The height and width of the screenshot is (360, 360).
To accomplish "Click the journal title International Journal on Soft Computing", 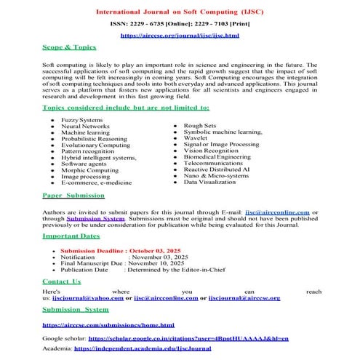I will (x=180, y=12).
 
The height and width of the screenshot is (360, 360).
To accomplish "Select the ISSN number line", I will (x=180, y=24).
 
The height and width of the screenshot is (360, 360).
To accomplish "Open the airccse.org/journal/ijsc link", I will (x=180, y=35).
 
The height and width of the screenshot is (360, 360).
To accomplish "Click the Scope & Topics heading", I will (x=69, y=47).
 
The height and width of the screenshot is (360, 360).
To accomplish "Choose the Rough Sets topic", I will (x=199, y=125).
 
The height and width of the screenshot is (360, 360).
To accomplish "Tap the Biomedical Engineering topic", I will (x=216, y=156).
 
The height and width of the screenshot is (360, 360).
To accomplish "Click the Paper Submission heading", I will (x=73, y=196).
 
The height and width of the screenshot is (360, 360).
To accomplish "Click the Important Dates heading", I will (x=71, y=236).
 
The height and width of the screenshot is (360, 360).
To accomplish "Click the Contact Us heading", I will (x=62, y=281).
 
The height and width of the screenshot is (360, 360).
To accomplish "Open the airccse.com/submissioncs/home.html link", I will (x=108, y=324).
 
